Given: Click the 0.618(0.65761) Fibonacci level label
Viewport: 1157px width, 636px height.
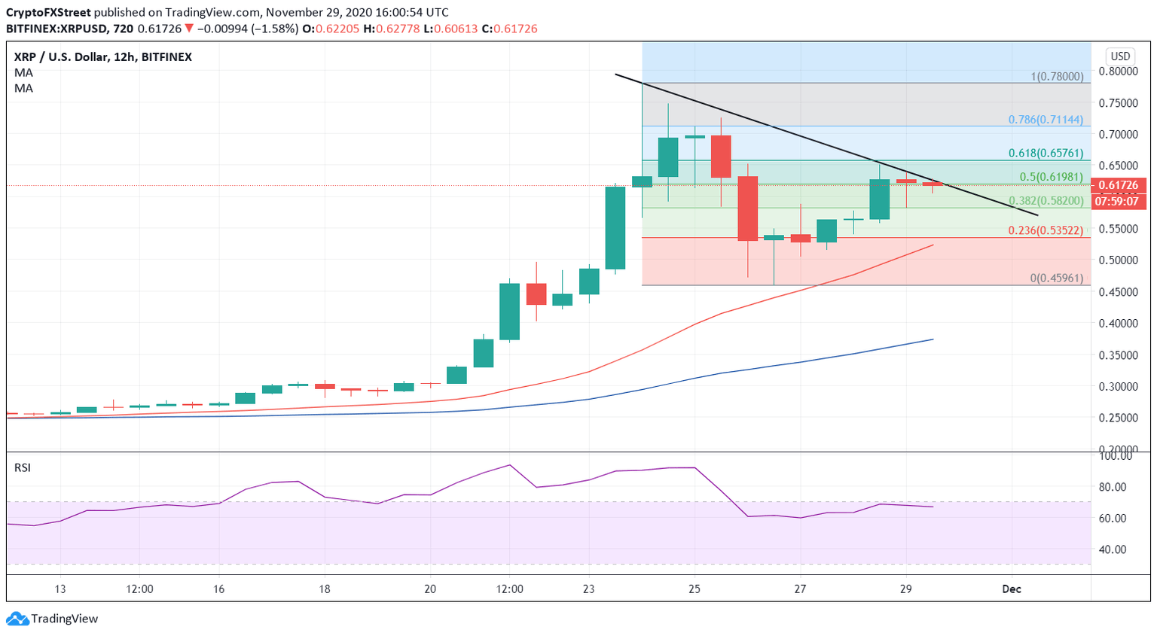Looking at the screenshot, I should tap(1046, 154).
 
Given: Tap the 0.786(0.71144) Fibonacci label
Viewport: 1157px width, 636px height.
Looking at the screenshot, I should tap(1046, 120).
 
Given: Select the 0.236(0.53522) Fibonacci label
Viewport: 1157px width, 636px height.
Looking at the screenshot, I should tap(1046, 231).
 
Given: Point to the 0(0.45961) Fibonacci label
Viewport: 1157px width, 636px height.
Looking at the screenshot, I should tap(1056, 278).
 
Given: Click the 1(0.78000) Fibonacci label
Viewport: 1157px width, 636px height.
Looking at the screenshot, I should tap(1057, 77).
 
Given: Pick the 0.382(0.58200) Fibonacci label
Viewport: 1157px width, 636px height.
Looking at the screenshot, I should tap(1046, 201).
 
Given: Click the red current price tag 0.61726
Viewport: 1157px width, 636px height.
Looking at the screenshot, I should tap(1118, 185).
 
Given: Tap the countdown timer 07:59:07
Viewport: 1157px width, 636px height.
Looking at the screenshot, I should tap(1118, 202).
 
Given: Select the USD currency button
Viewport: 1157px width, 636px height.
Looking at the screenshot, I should tap(1120, 56).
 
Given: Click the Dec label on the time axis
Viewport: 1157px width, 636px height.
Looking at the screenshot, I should tap(1012, 589).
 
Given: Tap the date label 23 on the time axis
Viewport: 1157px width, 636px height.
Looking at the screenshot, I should tap(588, 589).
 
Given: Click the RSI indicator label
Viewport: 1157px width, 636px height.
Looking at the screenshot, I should tap(23, 467).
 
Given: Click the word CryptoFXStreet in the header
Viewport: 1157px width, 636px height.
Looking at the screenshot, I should tap(49, 13).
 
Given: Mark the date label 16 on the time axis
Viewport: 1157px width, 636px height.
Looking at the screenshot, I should tap(218, 589).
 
